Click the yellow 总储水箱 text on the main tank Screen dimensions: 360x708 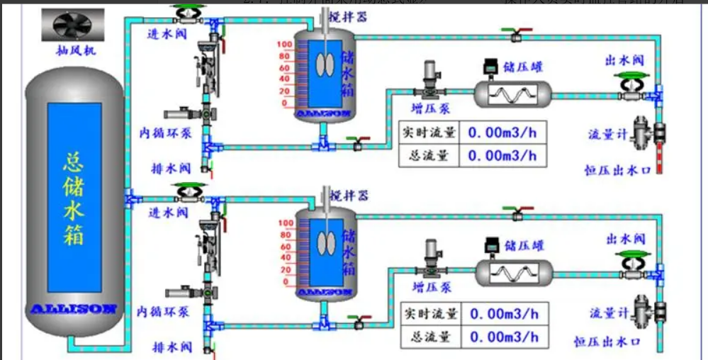74,198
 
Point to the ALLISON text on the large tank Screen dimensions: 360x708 74,309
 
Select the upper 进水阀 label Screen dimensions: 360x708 167,34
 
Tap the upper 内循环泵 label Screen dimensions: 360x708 165,133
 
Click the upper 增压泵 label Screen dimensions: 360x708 431,108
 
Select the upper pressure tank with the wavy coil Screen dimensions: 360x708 512,93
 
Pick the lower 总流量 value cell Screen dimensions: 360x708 505,336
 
